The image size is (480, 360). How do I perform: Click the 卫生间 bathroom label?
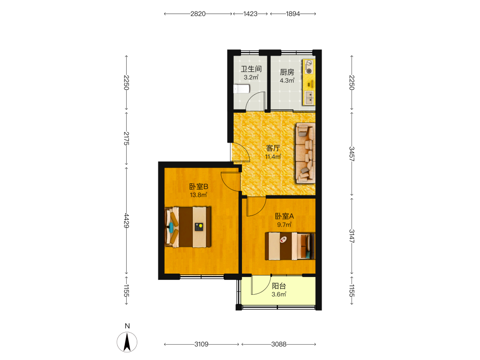tap(251, 69)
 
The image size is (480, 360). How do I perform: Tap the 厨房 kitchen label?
tap(287, 72)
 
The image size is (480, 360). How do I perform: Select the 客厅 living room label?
tap(273, 148)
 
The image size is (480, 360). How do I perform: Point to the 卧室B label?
tap(199, 186)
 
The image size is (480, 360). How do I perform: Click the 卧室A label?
tap(284, 216)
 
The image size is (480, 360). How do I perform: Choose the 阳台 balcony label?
tap(279, 286)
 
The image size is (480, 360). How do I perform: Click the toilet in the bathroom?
tap(242, 89)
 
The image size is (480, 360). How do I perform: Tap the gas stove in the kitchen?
tap(309, 67)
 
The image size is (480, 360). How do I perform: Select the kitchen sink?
tap(309, 97)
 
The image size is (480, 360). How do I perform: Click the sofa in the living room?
tap(305, 153)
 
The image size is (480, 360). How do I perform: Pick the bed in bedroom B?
tap(188, 227)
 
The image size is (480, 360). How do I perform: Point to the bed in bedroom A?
tap(290, 246)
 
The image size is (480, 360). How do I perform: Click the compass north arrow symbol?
tap(127, 342)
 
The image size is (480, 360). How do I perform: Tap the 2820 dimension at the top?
tap(198, 14)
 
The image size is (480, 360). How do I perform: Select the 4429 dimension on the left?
tap(126, 221)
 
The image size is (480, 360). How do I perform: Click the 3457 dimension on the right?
tap(352, 154)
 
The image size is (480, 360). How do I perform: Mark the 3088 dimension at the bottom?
tap(279, 344)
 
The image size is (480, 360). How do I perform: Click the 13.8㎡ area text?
tap(198, 195)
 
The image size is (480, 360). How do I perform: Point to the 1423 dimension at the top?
tap(251, 14)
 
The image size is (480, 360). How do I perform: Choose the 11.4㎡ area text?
tap(273, 157)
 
